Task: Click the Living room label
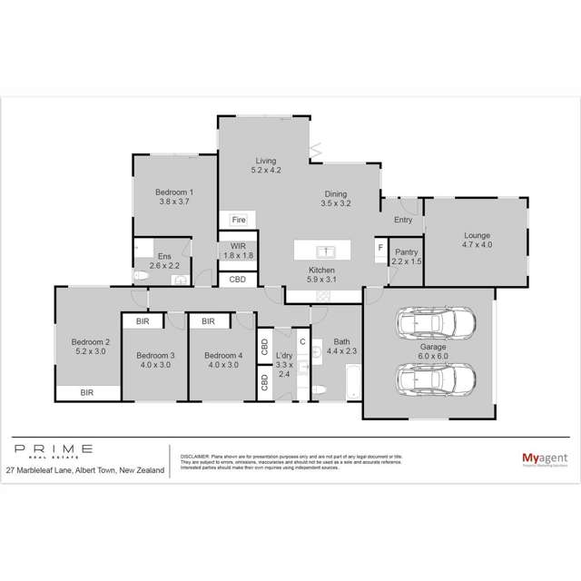[x=265, y=161]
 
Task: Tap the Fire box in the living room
[x=239, y=220]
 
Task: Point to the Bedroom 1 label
[x=173, y=192]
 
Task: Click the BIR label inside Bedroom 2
[x=86, y=393]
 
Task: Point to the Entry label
[x=402, y=221]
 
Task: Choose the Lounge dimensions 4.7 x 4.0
[x=475, y=245]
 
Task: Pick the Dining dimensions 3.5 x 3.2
[x=337, y=205]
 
